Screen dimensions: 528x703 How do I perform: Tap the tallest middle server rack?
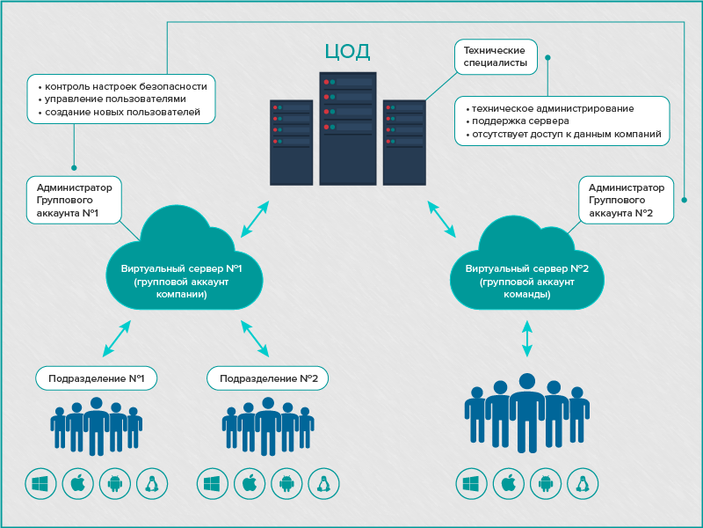click(348, 128)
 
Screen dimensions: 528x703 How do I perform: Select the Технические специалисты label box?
click(495, 55)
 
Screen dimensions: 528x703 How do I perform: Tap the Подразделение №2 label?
click(268, 378)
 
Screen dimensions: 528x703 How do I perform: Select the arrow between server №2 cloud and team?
click(527, 339)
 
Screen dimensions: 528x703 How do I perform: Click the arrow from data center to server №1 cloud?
click(256, 217)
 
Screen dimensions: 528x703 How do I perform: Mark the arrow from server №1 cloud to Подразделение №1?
click(117, 338)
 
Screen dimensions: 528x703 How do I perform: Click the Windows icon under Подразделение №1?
click(40, 482)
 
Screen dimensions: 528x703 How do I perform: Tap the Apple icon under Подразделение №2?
click(249, 482)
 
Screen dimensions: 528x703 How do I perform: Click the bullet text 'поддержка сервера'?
click(520, 121)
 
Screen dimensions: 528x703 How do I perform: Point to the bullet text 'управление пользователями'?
click(116, 99)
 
